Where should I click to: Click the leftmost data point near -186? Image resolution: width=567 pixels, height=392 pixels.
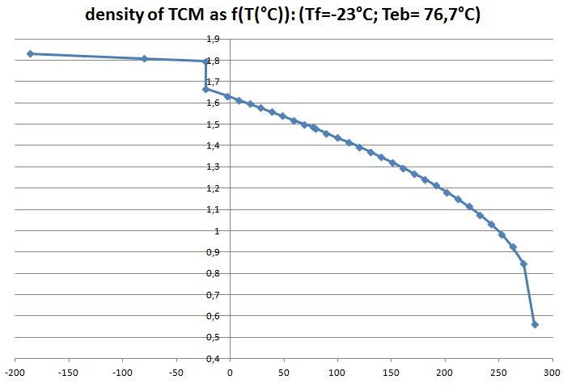(x=30, y=53)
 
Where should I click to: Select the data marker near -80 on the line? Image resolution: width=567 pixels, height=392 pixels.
(x=144, y=58)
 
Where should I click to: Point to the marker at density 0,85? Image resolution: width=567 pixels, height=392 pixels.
(x=523, y=263)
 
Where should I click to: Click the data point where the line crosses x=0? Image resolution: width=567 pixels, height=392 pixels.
(x=228, y=96)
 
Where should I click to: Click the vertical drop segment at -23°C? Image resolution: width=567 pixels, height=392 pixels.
(x=205, y=75)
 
